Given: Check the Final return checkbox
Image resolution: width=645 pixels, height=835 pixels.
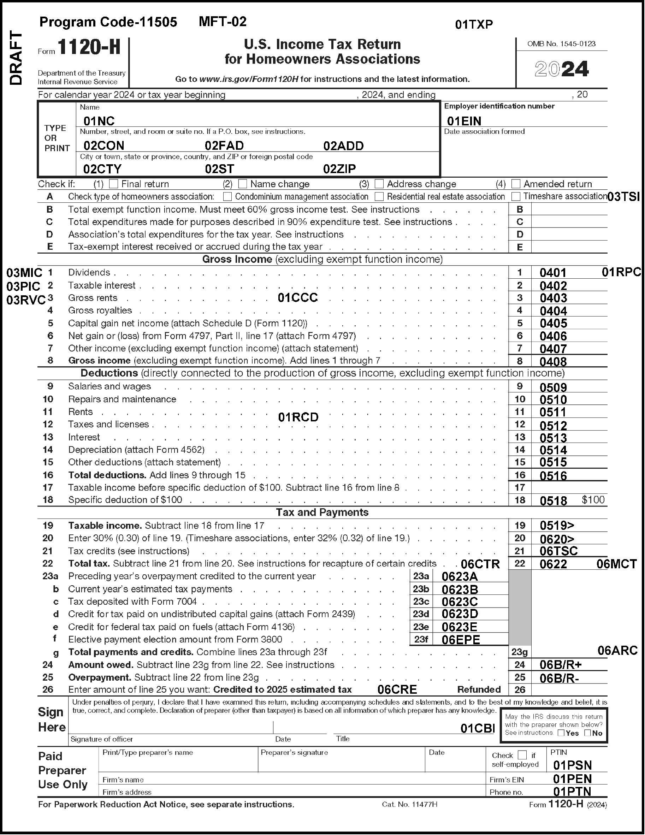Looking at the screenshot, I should [113, 184].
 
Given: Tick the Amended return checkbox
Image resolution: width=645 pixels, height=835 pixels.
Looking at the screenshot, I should [516, 184].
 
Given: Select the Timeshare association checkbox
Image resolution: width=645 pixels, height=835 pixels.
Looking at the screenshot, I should [516, 196].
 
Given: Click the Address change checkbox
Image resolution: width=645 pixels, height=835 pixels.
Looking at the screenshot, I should [379, 184].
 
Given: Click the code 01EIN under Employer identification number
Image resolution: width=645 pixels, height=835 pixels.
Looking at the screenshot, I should [464, 121].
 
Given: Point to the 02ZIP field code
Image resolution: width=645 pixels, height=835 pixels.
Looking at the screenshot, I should [339, 169].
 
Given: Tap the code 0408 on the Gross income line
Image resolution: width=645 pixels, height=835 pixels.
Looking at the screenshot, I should [553, 362].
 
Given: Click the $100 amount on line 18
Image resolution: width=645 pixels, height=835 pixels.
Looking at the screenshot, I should [593, 500].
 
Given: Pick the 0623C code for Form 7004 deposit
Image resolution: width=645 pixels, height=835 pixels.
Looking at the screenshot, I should [460, 602].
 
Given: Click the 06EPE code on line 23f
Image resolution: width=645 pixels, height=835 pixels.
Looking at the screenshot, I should [461, 640].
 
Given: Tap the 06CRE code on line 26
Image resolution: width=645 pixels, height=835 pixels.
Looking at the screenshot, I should [397, 690].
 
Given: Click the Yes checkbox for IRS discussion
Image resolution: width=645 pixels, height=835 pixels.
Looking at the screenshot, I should [561, 733].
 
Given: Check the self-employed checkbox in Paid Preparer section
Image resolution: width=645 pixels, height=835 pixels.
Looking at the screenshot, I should [522, 755].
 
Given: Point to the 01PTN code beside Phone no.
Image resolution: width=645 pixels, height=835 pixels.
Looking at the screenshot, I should [572, 792].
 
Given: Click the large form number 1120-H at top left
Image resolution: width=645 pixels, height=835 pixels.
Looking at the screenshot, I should [89, 48].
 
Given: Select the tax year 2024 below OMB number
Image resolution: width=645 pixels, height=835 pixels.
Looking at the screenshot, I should [561, 69].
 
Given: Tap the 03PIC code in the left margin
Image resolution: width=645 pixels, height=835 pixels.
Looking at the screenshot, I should [23, 286].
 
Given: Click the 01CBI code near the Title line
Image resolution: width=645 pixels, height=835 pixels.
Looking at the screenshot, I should [478, 728].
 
